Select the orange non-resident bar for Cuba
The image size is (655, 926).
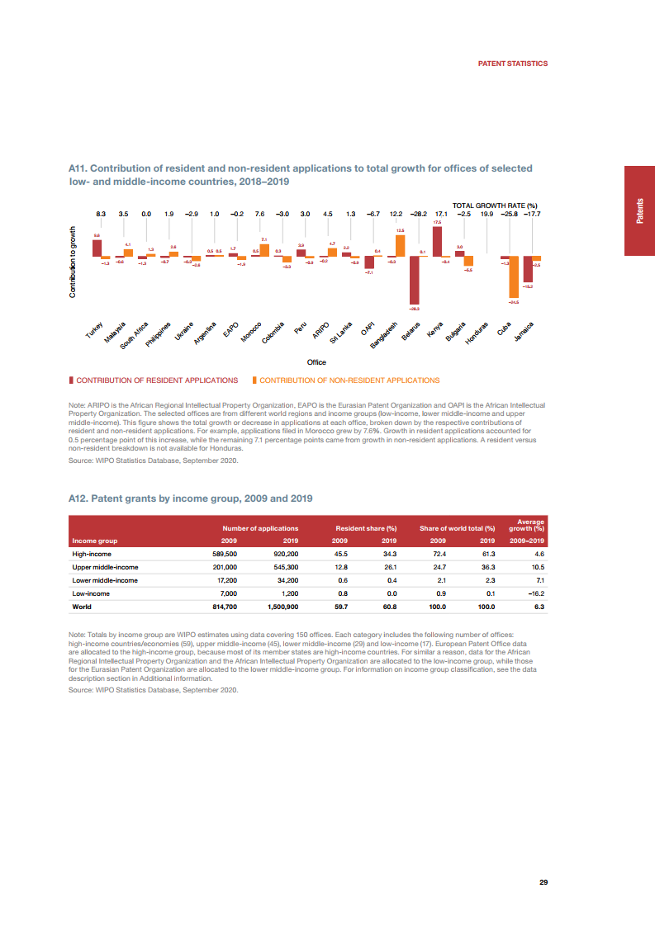[514, 276]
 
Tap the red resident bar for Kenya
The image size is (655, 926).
[436, 240]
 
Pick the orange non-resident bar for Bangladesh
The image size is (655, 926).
[400, 245]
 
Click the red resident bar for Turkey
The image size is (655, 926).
[97, 248]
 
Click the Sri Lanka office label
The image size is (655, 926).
[342, 332]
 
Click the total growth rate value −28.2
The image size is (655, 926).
[419, 214]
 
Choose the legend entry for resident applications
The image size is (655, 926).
[154, 380]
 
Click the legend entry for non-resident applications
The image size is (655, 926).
[346, 380]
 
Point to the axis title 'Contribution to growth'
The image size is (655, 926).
[73, 262]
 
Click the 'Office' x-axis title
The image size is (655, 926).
[316, 362]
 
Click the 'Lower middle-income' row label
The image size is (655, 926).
[105, 580]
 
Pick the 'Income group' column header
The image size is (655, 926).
[94, 541]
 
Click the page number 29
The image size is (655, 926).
[543, 883]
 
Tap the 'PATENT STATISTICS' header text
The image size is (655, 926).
[513, 64]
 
